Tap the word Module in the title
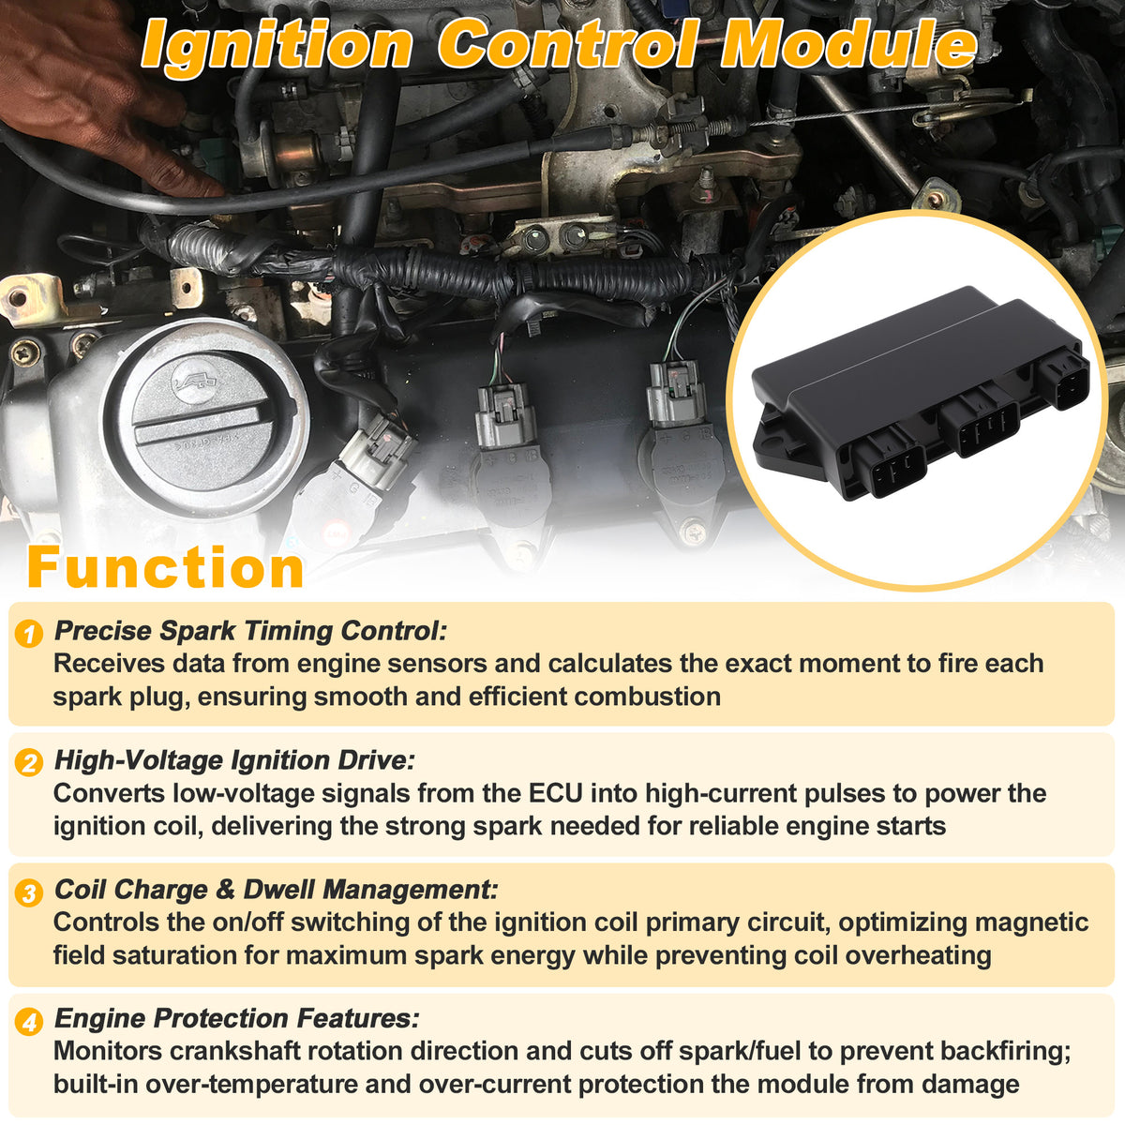click(x=848, y=45)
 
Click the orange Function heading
click(x=165, y=567)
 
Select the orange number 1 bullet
click(x=29, y=634)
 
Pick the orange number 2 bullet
click(x=29, y=763)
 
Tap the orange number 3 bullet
click(x=29, y=893)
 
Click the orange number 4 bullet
click(x=29, y=1023)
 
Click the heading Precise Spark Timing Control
click(x=250, y=631)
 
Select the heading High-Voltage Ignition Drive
click(x=234, y=760)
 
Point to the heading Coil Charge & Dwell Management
click(x=277, y=891)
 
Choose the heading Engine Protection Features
click(x=237, y=1019)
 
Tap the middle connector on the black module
click(x=981, y=425)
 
